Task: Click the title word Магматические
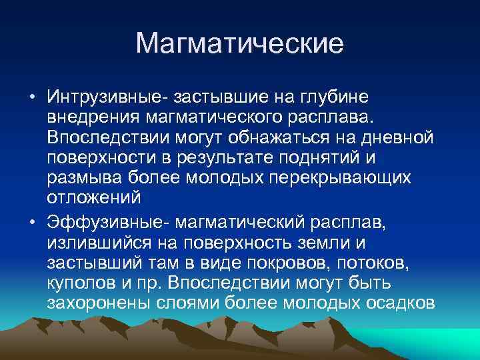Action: (239, 44)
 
